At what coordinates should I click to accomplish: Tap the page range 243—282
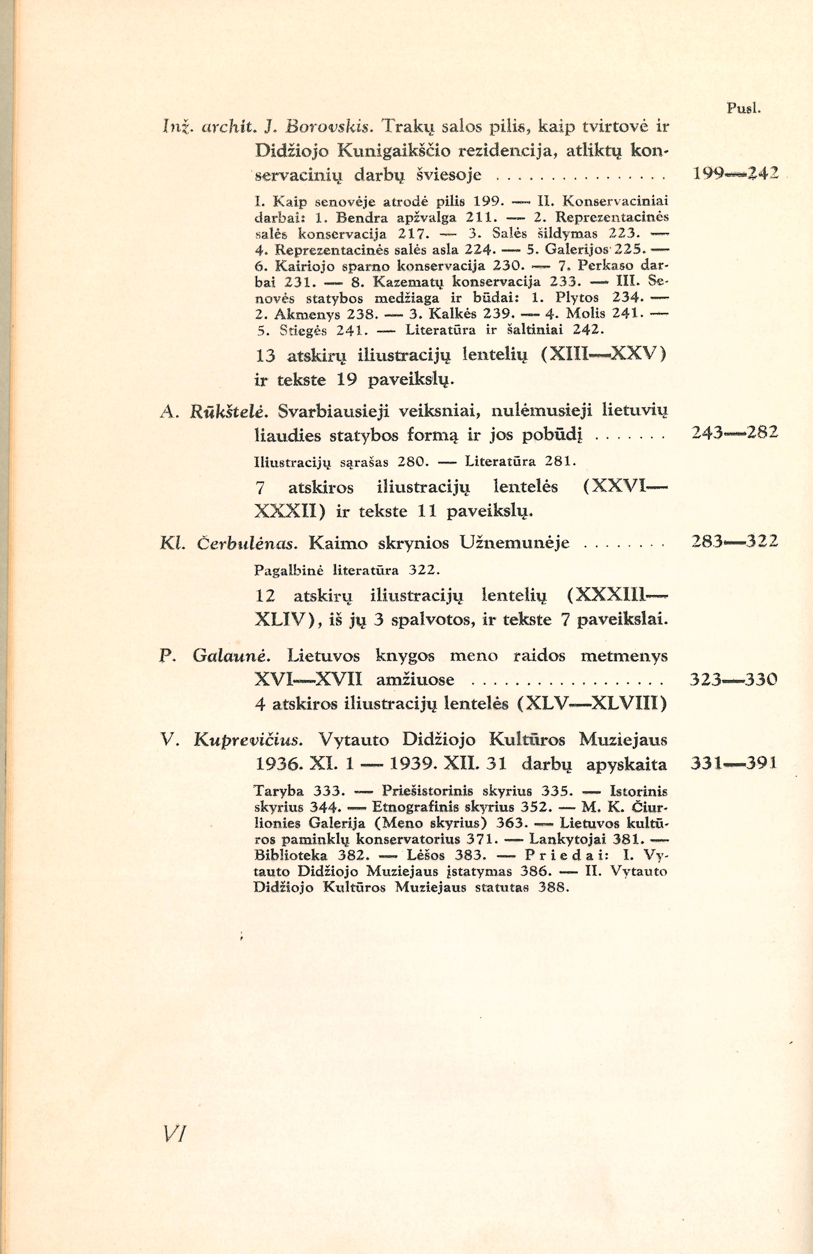click(734, 433)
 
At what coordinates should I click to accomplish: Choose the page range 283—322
click(734, 542)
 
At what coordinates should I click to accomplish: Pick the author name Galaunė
click(232, 656)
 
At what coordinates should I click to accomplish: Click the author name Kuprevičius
click(248, 740)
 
